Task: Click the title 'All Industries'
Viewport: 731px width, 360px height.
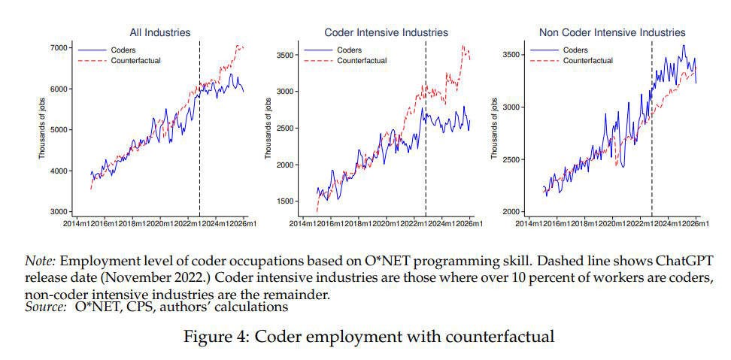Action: pyautogui.click(x=160, y=32)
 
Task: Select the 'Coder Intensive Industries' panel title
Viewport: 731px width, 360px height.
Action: pyautogui.click(x=386, y=32)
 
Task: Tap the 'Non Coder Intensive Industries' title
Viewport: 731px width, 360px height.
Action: pyautogui.click(x=612, y=32)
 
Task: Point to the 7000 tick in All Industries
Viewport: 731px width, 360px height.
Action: pyautogui.click(x=59, y=48)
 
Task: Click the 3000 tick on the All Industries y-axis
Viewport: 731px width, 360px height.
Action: pyautogui.click(x=59, y=212)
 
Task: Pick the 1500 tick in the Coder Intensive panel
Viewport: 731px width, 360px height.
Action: pyautogui.click(x=285, y=201)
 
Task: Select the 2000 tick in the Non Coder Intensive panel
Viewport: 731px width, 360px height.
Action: pyautogui.click(x=511, y=212)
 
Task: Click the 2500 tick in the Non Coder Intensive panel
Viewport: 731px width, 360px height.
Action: pyautogui.click(x=511, y=160)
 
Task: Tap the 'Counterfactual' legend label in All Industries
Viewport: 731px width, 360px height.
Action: pyautogui.click(x=135, y=60)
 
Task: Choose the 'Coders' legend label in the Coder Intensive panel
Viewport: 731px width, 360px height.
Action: pyautogui.click(x=349, y=50)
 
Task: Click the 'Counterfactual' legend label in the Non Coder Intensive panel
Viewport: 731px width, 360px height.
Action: pyautogui.click(x=588, y=60)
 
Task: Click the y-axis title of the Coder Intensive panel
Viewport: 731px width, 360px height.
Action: pyautogui.click(x=268, y=129)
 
